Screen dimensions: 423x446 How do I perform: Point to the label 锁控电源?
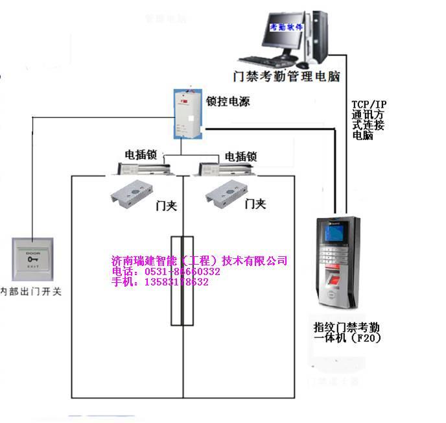[228, 102]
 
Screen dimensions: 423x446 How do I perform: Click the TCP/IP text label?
[368, 104]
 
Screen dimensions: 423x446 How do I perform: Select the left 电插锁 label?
[141, 156]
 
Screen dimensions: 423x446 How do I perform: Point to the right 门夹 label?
[255, 204]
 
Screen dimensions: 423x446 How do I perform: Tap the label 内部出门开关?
[31, 292]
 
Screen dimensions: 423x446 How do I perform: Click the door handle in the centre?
[182, 279]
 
